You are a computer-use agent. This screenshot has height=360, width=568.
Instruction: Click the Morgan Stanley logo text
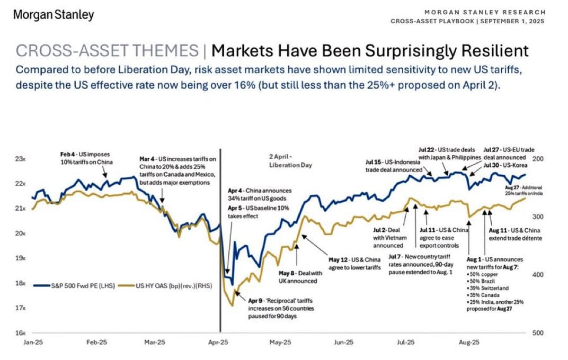(x=53, y=15)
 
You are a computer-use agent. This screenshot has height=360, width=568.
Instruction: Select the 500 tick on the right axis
(x=537, y=333)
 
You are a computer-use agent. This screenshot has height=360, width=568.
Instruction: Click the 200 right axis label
(x=537, y=159)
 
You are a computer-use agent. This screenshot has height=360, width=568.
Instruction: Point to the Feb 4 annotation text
(x=86, y=157)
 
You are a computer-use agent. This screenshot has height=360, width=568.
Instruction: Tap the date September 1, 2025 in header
(x=512, y=21)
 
